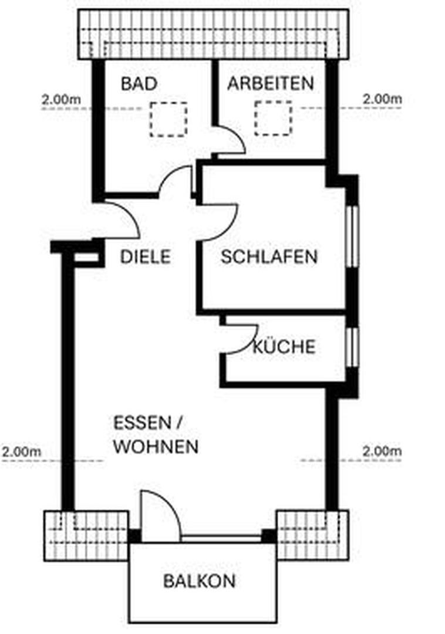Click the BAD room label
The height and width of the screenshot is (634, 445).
coord(139,83)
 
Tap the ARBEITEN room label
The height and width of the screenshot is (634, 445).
coord(271,83)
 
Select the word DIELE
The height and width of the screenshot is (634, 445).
coord(145,257)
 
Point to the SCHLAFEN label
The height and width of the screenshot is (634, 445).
coord(269,257)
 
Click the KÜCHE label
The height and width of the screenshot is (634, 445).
coord(284,347)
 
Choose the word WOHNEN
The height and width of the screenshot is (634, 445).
coord(156,447)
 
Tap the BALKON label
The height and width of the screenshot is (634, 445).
coord(200,581)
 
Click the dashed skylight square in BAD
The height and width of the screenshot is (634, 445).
coord(168,119)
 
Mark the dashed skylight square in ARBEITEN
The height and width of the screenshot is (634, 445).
coord(273,118)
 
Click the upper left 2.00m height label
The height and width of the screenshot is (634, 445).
coord(61,99)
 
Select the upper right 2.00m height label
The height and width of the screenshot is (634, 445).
coord(382,99)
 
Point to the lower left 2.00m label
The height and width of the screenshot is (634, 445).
coord(21,452)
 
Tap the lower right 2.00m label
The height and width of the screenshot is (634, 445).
coord(382,452)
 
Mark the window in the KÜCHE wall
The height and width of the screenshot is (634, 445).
coord(352,346)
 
